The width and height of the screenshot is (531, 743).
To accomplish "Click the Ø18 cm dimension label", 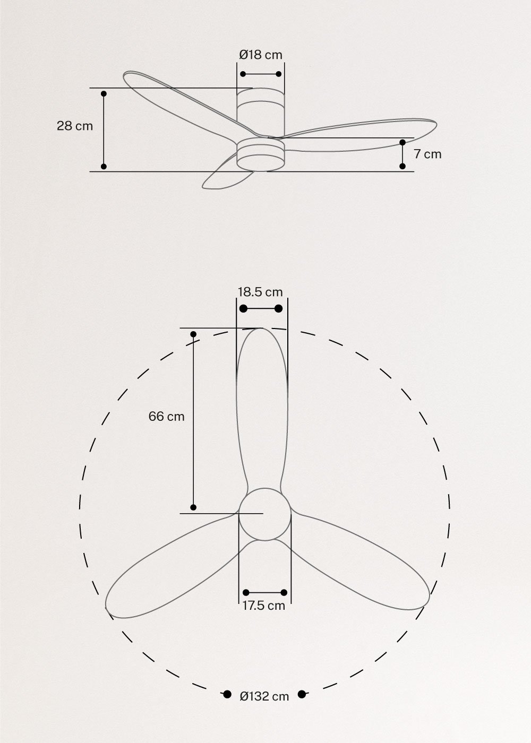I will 261,55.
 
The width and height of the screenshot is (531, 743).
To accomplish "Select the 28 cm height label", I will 75,126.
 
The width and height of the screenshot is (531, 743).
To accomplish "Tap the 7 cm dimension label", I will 427,154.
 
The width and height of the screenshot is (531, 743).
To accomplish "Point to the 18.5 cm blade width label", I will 260,292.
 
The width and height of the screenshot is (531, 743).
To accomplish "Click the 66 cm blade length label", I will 167,417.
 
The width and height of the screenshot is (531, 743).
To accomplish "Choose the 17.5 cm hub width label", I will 264,606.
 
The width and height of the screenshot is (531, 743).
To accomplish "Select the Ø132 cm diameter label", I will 264,696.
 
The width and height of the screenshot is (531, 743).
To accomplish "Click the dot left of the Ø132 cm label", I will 227,694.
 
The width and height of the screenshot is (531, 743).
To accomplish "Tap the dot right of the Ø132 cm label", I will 302,694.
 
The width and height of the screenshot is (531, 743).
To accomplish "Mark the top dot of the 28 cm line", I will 104,94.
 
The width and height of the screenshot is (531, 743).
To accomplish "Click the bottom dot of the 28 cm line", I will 104,167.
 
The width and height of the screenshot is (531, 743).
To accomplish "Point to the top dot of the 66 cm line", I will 194,334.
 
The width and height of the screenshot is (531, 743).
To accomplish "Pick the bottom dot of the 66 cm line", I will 193,507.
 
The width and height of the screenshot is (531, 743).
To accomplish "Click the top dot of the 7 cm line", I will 402,143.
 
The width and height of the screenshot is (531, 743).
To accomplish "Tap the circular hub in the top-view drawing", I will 264,514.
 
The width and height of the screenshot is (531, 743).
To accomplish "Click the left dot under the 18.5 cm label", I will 244,309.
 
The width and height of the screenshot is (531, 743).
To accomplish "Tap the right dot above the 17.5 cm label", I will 284,592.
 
